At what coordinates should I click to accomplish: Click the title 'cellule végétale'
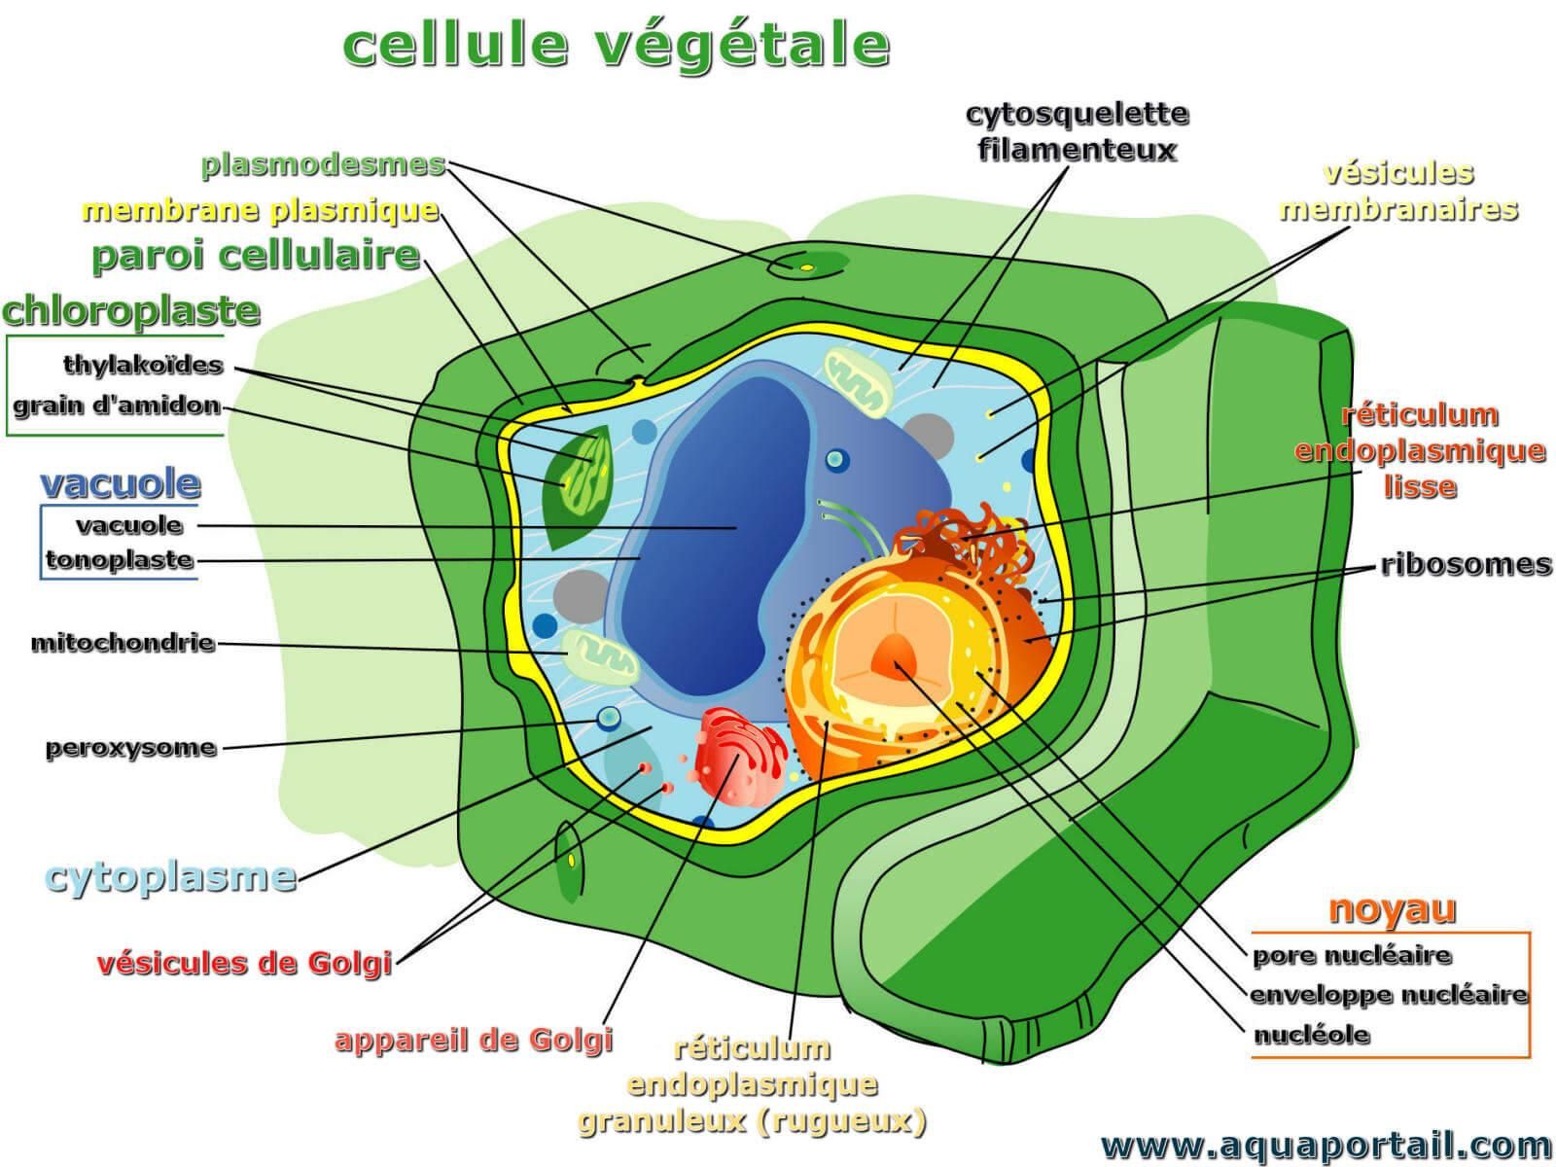click(616, 45)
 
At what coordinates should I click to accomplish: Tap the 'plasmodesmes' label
click(323, 164)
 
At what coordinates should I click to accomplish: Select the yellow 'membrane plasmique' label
click(261, 210)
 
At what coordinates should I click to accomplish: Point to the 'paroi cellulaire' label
click(256, 256)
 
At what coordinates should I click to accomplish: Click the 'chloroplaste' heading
click(131, 311)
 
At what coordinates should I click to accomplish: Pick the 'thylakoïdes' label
click(143, 366)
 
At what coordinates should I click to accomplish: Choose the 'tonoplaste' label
click(120, 560)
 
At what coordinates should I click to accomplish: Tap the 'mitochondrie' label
click(123, 643)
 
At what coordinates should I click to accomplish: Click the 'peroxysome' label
click(130, 748)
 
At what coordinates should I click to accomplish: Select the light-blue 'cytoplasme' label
click(171, 877)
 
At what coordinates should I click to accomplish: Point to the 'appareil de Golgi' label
click(474, 1040)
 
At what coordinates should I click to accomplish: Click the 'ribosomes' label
click(1466, 565)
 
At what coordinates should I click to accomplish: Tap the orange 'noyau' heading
click(1392, 908)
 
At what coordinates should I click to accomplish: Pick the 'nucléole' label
click(1311, 1035)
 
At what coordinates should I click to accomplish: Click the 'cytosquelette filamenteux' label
click(1077, 132)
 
